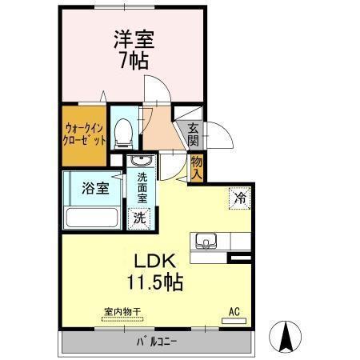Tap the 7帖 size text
tap(134, 61)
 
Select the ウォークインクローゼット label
tap(84, 134)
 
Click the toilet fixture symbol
tap(123, 133)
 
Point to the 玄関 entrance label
tap(194, 134)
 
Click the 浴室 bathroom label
tap(94, 190)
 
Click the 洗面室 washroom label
tap(141, 187)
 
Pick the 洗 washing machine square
tap(140, 217)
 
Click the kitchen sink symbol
tap(206, 241)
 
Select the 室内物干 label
tap(122, 311)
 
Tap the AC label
tap(234, 310)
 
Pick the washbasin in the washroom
tap(137, 162)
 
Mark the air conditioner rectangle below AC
tap(234, 322)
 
